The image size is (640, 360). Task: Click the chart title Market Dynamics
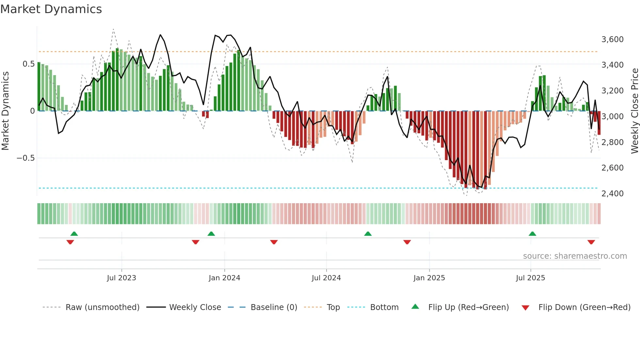click(x=51, y=9)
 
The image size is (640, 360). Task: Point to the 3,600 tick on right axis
click(x=612, y=40)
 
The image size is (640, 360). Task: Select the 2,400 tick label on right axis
click(x=612, y=194)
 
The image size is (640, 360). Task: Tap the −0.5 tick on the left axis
click(x=25, y=158)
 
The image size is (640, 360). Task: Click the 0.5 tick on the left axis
click(x=28, y=64)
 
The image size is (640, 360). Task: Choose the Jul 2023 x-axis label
click(x=121, y=278)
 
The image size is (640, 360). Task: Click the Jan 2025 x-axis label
click(x=429, y=278)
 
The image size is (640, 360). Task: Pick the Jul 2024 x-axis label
click(x=326, y=278)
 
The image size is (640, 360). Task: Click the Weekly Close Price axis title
click(x=634, y=111)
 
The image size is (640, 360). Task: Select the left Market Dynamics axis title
click(x=6, y=111)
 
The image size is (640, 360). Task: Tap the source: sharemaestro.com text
click(x=575, y=256)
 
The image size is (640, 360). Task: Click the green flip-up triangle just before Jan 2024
click(x=211, y=234)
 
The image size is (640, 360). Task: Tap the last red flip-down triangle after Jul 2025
click(x=591, y=242)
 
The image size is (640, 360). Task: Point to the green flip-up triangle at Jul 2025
click(x=532, y=234)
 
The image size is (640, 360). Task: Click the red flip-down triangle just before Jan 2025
click(x=407, y=242)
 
